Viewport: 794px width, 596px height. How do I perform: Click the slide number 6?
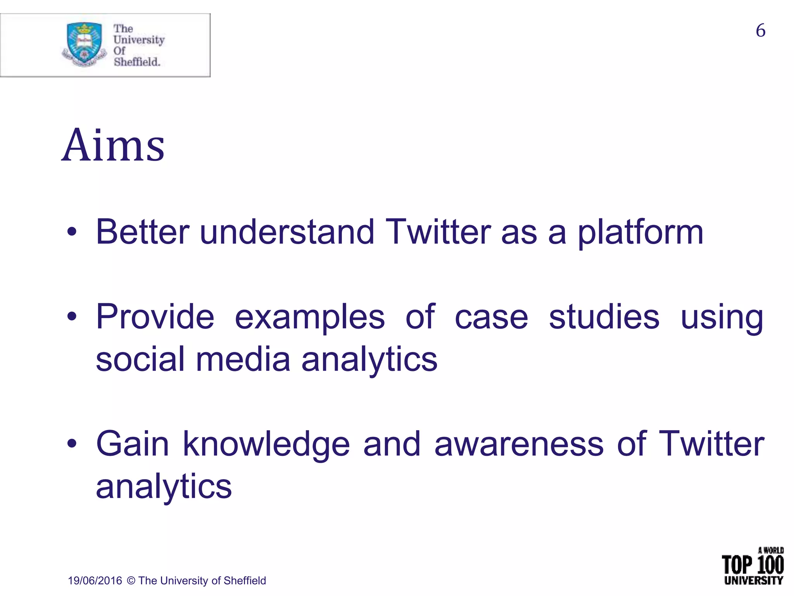click(x=760, y=31)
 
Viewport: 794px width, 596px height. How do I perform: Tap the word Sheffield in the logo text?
click(x=136, y=62)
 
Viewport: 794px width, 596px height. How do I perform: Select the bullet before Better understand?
click(x=72, y=233)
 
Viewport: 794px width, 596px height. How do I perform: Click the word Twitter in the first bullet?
click(x=438, y=232)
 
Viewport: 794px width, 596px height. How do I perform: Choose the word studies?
click(x=604, y=317)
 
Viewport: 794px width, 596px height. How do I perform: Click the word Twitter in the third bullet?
click(x=711, y=444)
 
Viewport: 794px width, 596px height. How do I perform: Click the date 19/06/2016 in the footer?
click(x=95, y=581)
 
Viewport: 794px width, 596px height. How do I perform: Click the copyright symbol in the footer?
click(x=131, y=581)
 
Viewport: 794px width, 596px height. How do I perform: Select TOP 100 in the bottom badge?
click(x=753, y=565)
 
